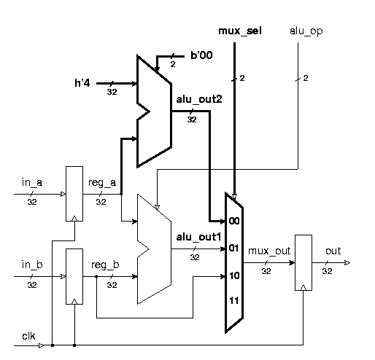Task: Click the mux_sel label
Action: tap(241, 31)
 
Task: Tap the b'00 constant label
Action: tap(201, 55)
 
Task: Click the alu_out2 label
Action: tap(194, 98)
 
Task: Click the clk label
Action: tap(28, 336)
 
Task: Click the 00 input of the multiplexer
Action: tap(234, 219)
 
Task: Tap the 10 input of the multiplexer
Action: tap(234, 275)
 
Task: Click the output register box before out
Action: tap(303, 262)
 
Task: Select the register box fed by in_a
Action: tap(74, 193)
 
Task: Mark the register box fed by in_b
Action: tap(74, 276)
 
